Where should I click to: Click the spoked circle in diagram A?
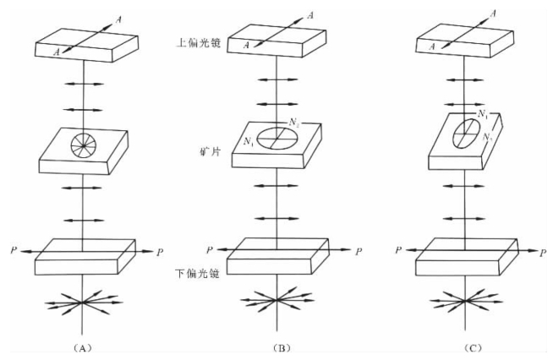[x=82, y=145]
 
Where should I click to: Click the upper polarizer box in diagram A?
[x=82, y=46]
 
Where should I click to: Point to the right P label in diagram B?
[x=359, y=251]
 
